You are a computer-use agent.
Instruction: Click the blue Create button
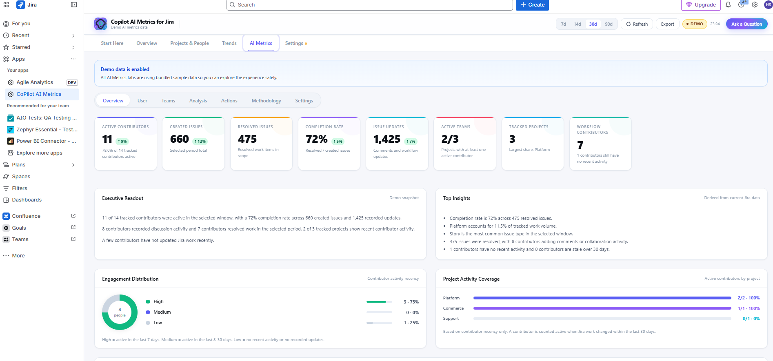coord(532,5)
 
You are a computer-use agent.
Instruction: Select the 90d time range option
coord(609,24)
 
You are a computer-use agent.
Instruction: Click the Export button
coord(667,24)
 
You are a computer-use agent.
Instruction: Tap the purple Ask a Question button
coord(746,24)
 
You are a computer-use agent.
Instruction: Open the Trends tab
coord(229,43)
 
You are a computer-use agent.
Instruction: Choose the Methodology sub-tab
coord(266,101)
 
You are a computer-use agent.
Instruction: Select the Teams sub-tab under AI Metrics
coord(168,101)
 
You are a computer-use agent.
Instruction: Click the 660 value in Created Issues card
coord(180,139)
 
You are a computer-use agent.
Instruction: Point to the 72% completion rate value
coord(317,139)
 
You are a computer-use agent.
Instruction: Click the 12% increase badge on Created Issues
coord(200,142)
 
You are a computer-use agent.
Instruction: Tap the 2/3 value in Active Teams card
coord(450,139)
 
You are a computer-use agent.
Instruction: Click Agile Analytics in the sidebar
coord(35,82)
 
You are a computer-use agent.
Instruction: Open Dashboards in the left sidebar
coord(27,200)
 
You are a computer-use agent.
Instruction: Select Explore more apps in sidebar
coord(39,153)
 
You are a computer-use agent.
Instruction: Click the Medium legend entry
coord(162,312)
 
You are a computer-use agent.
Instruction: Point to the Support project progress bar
coord(602,319)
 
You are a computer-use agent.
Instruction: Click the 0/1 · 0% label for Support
coord(751,319)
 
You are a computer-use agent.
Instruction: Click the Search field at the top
coord(369,5)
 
